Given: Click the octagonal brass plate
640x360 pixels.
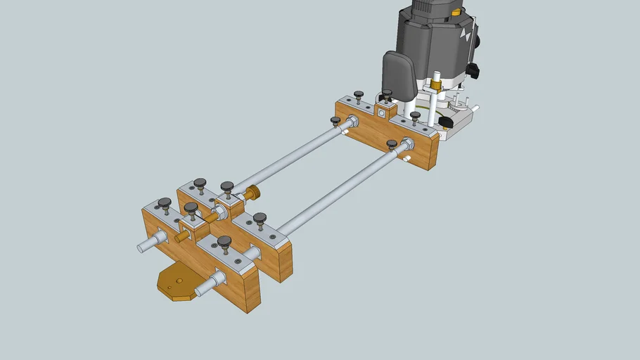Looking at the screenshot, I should click(179, 282).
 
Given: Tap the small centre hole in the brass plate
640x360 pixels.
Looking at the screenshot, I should click(179, 281).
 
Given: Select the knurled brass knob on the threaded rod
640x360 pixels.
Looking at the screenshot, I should click(253, 193).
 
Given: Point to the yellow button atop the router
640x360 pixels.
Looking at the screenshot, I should click(457, 12).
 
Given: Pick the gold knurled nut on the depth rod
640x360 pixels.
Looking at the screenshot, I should click(435, 85).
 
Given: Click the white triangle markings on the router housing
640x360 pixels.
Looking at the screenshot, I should click(465, 32).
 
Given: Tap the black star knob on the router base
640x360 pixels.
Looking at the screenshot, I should click(444, 123).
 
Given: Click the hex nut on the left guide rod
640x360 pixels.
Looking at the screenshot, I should click(351, 122).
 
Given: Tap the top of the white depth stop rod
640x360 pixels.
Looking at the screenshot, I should click(437, 72).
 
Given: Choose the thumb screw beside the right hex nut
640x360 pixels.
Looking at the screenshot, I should click(392, 144).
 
